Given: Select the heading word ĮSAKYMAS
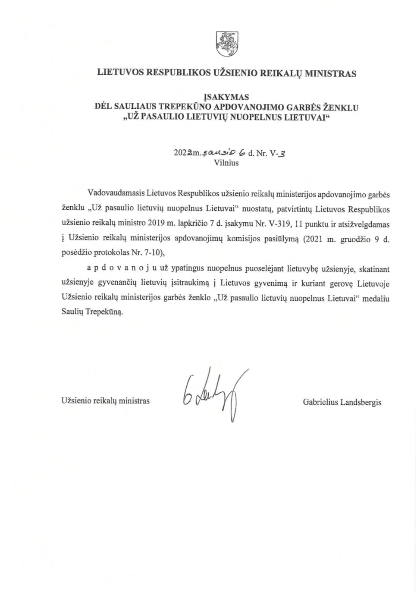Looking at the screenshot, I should point(226,98).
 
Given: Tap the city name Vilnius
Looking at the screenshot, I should point(226,163).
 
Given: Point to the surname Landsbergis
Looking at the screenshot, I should point(361,402).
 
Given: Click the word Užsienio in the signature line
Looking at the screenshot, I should point(74,401).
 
